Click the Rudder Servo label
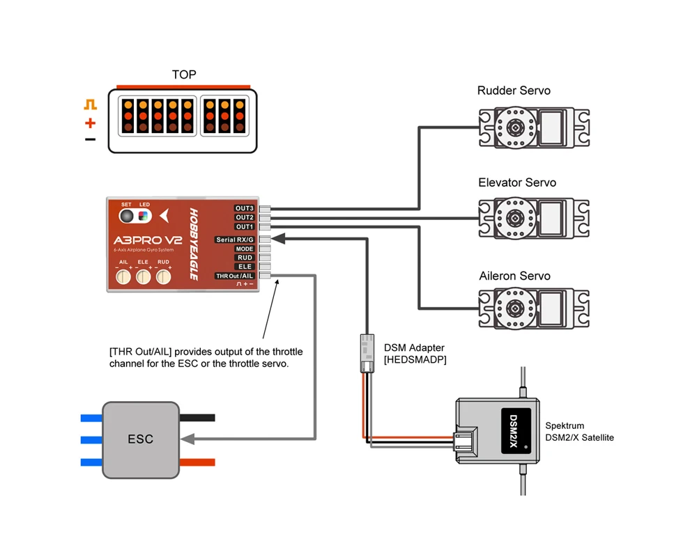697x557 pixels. [514, 91]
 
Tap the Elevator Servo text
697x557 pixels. [517, 182]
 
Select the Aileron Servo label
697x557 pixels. [514, 276]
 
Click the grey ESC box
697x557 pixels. [141, 439]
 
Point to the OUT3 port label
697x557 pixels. [245, 208]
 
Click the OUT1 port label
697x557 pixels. [245, 226]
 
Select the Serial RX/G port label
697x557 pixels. [235, 240]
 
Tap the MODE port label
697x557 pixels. [245, 249]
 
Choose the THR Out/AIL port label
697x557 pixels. [235, 276]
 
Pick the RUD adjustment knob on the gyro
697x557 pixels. [164, 277]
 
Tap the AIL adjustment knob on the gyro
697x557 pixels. [123, 277]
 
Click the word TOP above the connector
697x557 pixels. [184, 74]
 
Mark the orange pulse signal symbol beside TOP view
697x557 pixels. [91, 105]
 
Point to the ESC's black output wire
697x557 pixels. [197, 418]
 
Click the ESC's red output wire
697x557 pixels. [197, 462]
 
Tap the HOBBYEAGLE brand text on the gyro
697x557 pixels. [194, 244]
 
